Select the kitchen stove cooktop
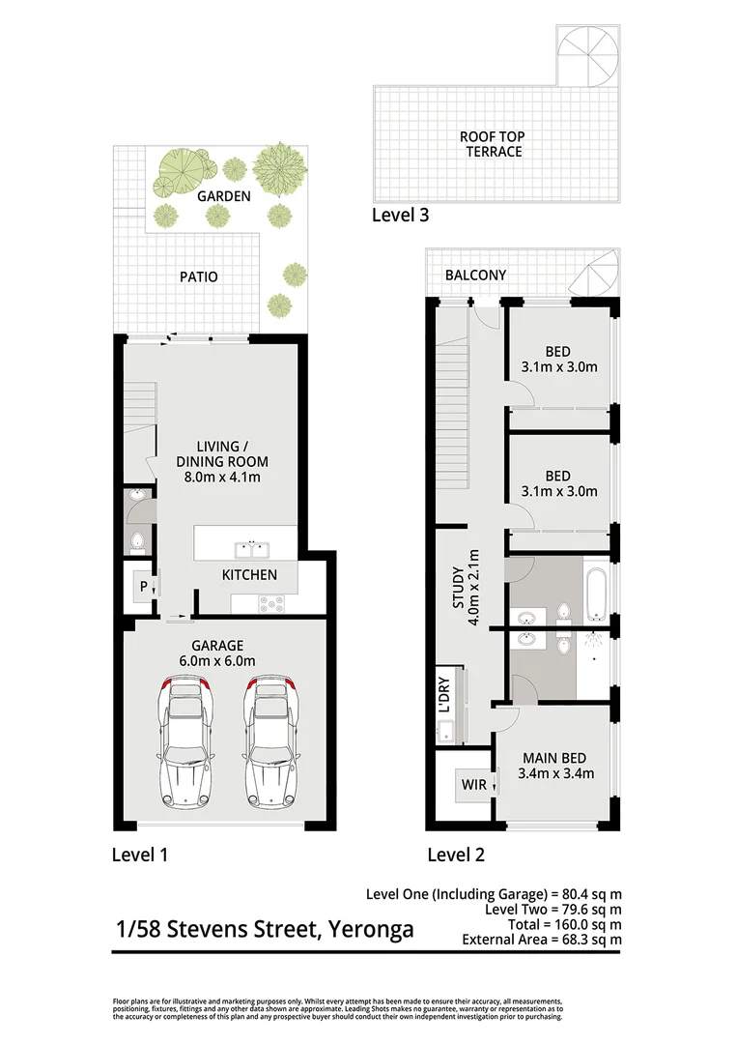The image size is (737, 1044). point(270,603)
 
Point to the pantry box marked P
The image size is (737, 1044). point(142,587)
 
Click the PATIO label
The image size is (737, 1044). point(198,276)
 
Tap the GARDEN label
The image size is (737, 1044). point(224,196)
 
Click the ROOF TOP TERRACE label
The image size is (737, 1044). point(492,144)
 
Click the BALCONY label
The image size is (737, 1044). point(475,275)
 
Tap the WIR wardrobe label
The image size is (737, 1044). point(474,785)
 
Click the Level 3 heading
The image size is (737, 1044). point(400,215)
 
